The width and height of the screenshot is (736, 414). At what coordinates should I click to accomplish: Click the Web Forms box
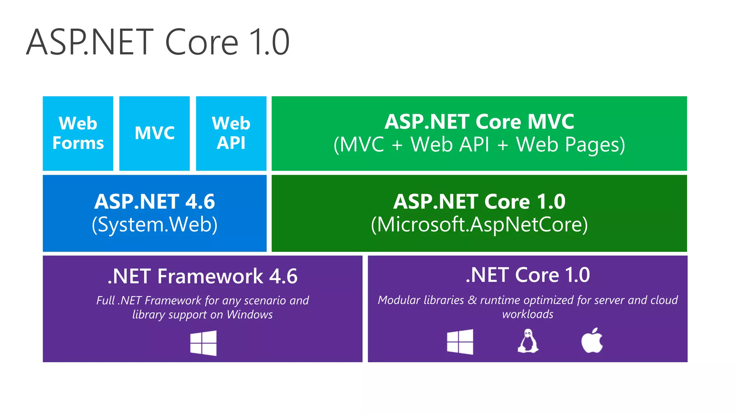click(x=78, y=133)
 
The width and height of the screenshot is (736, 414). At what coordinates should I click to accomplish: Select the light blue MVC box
click(x=155, y=133)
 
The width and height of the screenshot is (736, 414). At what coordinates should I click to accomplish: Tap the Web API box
click(x=231, y=133)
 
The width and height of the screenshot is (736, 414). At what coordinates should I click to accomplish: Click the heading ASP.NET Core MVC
click(x=479, y=122)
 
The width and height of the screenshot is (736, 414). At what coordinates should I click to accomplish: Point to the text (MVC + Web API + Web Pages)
click(x=479, y=145)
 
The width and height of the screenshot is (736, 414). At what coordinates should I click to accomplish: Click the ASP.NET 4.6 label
click(x=155, y=202)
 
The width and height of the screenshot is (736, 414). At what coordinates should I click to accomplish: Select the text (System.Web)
click(x=155, y=225)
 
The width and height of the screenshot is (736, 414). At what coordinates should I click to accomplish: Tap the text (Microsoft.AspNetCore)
click(x=479, y=225)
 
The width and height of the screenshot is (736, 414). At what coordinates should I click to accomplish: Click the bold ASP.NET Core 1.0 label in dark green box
click(x=479, y=202)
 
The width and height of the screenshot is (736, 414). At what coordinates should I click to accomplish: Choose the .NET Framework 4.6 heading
click(x=202, y=276)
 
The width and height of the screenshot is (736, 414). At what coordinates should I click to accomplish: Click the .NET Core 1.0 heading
click(x=527, y=275)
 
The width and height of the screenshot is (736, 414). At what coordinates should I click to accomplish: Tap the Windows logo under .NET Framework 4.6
click(x=203, y=343)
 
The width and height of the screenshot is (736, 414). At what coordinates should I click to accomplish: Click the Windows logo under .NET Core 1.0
click(x=460, y=342)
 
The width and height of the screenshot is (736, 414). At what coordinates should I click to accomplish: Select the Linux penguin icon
click(x=528, y=341)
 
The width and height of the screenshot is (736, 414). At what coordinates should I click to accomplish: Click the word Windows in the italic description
click(x=250, y=315)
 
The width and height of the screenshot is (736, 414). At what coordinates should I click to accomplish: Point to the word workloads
click(x=528, y=314)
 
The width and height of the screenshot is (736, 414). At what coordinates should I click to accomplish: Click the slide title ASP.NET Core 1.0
click(x=158, y=42)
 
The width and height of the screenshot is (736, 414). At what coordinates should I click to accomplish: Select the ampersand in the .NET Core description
click(x=472, y=300)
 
